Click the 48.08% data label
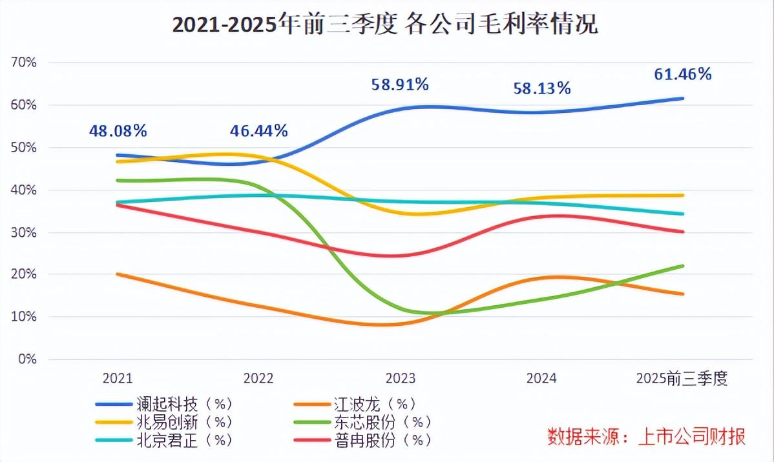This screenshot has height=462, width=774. click(118, 131)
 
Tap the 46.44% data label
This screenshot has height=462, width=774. click(258, 131)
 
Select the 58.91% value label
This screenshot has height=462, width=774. click(400, 84)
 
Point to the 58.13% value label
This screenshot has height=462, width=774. click(541, 88)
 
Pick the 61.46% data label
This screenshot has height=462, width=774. click(682, 74)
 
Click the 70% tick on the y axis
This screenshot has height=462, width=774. click(25, 63)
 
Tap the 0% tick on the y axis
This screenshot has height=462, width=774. click(28, 359)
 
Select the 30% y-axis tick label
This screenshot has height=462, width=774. click(25, 232)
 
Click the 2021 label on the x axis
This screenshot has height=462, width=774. click(118, 379)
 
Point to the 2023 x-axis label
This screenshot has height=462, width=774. click(401, 379)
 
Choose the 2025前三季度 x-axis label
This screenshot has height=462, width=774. click(682, 379)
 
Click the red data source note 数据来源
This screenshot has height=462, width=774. click(646, 437)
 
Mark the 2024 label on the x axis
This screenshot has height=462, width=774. click(541, 379)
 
